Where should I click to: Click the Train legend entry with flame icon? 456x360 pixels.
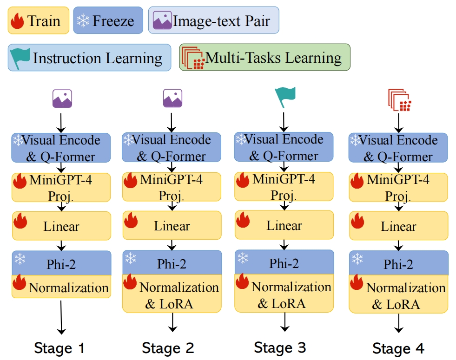39,20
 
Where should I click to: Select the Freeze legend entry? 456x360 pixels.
108,20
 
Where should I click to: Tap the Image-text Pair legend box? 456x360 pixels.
213,20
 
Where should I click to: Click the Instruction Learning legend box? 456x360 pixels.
89,58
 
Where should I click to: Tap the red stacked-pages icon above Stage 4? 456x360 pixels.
399,100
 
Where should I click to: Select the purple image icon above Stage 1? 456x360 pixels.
62,99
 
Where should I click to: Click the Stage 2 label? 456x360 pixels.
168,347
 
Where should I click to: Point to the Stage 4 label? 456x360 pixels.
398,348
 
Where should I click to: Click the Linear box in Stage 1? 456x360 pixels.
61,227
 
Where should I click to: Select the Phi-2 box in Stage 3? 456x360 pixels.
284,263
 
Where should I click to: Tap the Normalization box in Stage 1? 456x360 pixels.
61,287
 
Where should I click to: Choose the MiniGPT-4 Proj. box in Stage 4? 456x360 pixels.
398,187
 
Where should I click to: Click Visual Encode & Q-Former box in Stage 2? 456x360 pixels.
172,148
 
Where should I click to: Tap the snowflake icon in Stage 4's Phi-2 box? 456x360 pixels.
357,259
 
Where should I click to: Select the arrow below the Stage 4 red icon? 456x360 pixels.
398,122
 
